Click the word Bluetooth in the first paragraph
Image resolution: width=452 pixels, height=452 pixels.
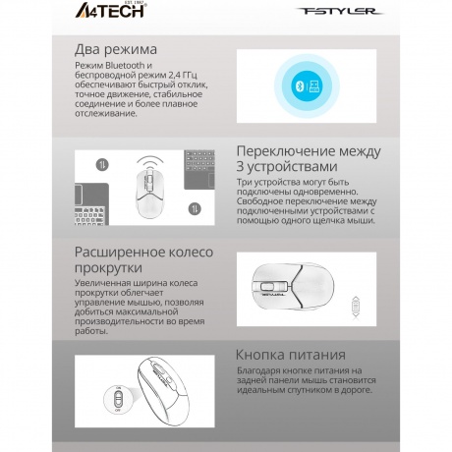[x=121, y=65]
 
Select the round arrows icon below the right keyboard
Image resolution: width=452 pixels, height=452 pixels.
[x=197, y=206]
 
